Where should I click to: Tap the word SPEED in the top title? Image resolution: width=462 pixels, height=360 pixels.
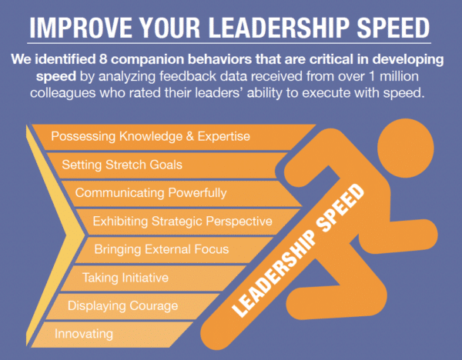[x=393, y=28]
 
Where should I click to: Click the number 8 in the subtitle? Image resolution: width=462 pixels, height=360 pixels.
[x=103, y=59]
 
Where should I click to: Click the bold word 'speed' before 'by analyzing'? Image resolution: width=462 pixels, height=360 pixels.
[x=56, y=77]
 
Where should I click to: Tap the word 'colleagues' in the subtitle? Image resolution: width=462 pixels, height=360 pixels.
[x=63, y=93]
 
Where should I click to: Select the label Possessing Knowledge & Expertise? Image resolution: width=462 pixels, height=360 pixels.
[x=151, y=137]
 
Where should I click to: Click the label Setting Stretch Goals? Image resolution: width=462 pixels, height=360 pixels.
[x=122, y=165]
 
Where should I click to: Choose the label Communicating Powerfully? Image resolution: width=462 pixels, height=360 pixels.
[x=151, y=193]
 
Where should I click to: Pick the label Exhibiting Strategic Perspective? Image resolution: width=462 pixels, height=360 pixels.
[x=182, y=221]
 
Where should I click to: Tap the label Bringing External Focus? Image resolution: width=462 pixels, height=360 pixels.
[x=162, y=249]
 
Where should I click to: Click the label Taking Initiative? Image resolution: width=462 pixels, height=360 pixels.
[x=126, y=278]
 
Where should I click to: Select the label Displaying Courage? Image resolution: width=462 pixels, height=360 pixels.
[x=123, y=306]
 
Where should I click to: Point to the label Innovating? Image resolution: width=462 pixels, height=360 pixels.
[x=84, y=334]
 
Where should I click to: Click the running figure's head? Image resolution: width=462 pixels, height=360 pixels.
[x=406, y=148]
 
